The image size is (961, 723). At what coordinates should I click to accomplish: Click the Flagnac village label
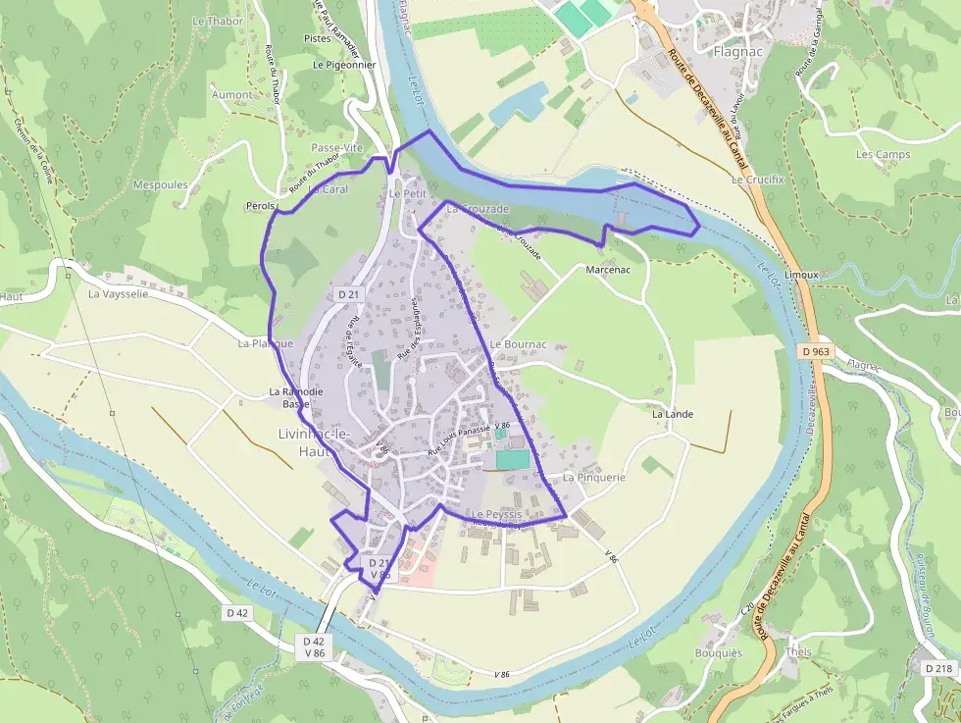tap(733, 51)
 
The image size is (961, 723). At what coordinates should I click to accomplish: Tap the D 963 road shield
tap(814, 350)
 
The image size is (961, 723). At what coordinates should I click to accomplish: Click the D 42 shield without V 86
tap(237, 612)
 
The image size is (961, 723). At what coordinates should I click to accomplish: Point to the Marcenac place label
tap(607, 269)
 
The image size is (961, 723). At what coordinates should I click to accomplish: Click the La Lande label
tap(673, 414)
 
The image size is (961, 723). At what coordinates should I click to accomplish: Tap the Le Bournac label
tap(518, 345)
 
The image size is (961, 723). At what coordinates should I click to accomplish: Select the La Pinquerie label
tap(593, 477)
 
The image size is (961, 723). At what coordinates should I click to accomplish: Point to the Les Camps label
tap(883, 154)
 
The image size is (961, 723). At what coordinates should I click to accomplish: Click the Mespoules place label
tap(160, 183)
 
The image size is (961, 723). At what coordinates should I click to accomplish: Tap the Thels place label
tap(799, 652)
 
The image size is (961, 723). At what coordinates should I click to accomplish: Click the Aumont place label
tap(232, 95)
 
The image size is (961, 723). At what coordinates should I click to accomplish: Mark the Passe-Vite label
tap(336, 147)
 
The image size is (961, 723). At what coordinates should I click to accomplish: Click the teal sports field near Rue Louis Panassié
tap(511, 459)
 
